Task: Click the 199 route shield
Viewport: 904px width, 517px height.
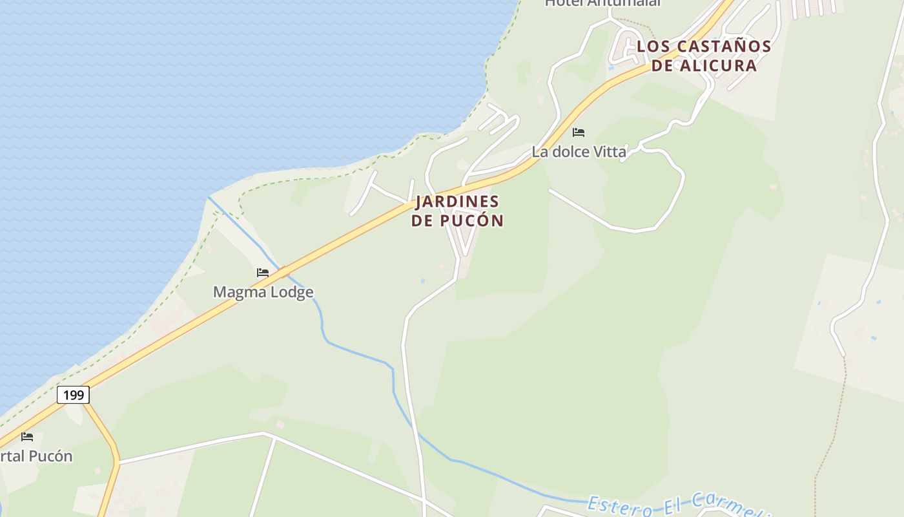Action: click(x=73, y=394)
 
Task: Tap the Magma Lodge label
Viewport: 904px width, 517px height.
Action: click(x=263, y=292)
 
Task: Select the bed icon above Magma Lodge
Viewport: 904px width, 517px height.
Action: click(x=262, y=273)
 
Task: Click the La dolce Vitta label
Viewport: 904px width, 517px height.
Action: click(x=579, y=152)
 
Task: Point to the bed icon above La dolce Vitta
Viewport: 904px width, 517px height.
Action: click(x=579, y=132)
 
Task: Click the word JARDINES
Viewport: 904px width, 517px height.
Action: click(x=457, y=202)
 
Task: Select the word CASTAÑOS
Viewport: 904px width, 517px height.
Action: click(x=723, y=47)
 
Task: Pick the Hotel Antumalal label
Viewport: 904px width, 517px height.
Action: click(x=603, y=3)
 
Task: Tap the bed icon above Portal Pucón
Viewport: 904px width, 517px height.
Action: click(x=27, y=437)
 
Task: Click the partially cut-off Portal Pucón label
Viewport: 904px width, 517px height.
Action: click(x=36, y=456)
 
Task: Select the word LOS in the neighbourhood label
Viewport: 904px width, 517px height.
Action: click(x=651, y=47)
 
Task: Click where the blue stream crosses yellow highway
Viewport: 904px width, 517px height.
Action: click(x=283, y=271)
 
